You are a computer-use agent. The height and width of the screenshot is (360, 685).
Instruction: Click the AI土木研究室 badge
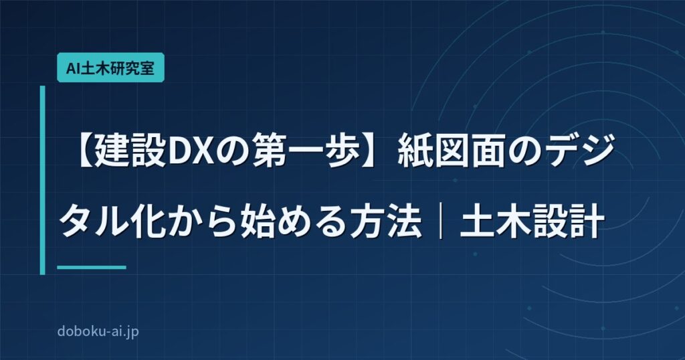[110, 68]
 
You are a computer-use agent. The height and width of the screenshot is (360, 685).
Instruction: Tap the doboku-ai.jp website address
[98, 331]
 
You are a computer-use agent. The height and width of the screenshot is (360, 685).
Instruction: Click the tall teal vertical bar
[42, 180]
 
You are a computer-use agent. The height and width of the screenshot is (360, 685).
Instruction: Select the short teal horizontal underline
[92, 268]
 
